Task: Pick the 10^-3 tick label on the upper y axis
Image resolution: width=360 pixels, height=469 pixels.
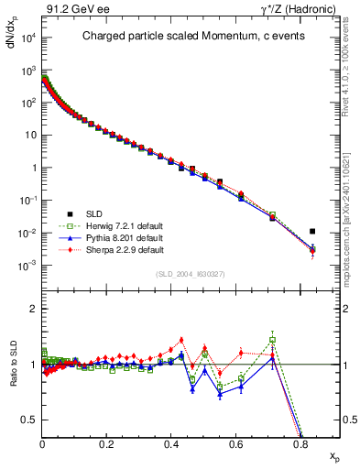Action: [27, 266]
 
